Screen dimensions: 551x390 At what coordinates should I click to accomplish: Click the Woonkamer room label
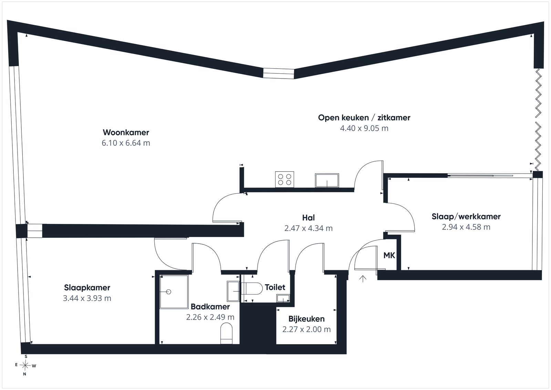[x=126, y=132]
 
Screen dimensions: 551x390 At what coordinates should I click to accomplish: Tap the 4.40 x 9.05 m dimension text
[x=364, y=128]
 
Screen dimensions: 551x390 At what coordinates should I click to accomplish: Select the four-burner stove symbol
[x=284, y=179]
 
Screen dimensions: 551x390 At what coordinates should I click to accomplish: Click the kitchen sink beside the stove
[x=327, y=181]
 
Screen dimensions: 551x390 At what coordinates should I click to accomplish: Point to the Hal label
[x=309, y=217]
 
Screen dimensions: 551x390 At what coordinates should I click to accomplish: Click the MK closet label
[x=389, y=255]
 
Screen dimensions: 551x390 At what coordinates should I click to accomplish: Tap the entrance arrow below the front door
[x=363, y=279]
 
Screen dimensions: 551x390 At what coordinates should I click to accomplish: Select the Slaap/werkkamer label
[x=466, y=216]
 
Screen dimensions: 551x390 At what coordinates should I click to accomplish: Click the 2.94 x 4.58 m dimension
[x=466, y=227]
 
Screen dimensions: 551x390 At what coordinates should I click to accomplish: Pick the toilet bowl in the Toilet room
[x=252, y=289]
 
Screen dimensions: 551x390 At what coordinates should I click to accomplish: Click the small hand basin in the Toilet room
[x=283, y=298]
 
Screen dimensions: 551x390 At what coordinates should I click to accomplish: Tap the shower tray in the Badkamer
[x=174, y=292]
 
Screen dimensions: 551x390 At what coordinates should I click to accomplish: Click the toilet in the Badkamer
[x=226, y=333]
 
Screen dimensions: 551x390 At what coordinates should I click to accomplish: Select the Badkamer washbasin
[x=233, y=291]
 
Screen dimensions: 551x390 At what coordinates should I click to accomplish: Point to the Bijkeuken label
[x=306, y=319]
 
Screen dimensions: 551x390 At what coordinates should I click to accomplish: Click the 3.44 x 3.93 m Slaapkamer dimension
[x=87, y=298]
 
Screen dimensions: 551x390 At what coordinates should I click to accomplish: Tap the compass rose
[x=25, y=366]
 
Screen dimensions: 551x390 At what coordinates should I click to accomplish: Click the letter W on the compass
[x=34, y=366]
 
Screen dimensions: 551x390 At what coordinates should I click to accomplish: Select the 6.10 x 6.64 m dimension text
[x=126, y=143]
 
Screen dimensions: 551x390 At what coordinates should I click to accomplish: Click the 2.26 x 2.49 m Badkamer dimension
[x=210, y=317]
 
